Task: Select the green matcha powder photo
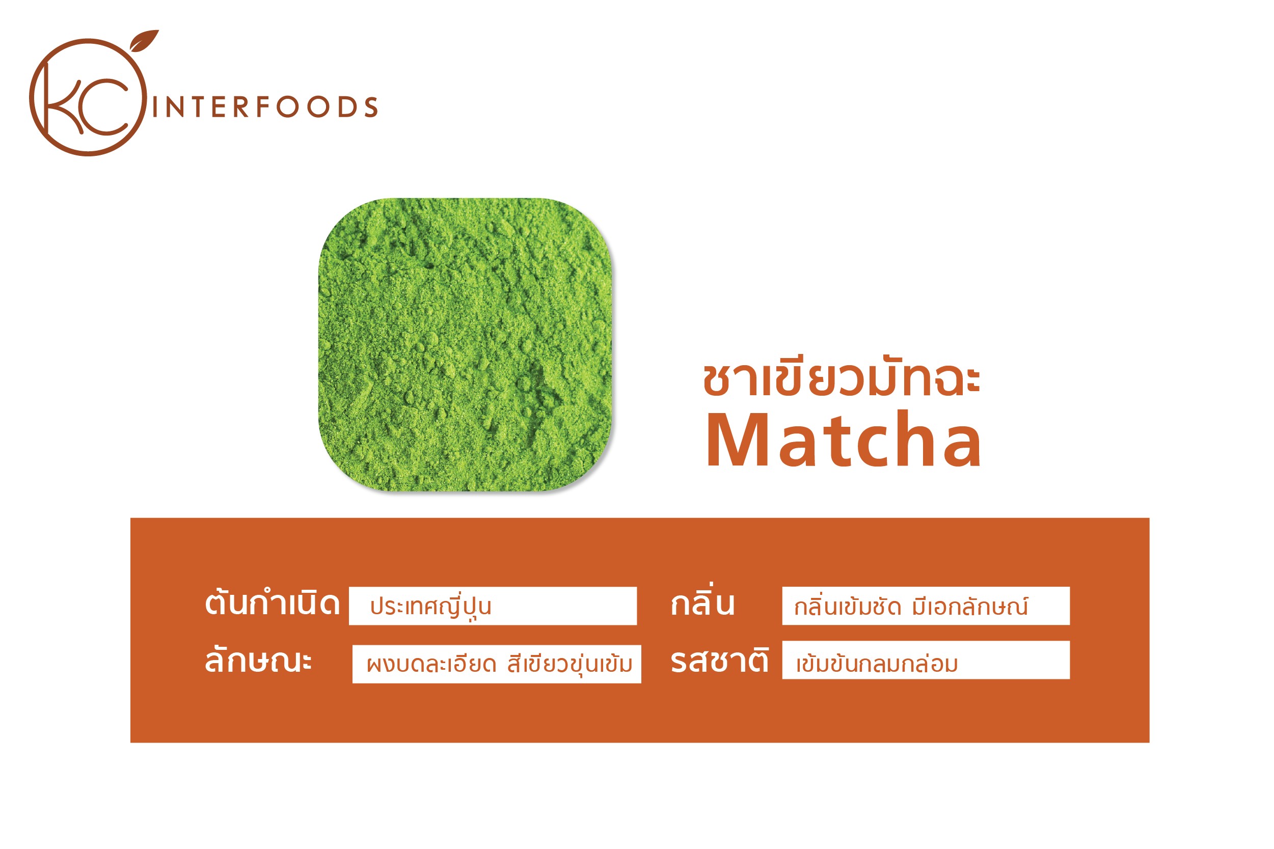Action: click(x=465, y=344)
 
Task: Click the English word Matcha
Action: click(x=844, y=440)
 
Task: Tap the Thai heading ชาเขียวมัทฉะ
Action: click(x=842, y=376)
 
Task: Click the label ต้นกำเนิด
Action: click(x=272, y=602)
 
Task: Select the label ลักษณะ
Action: click(x=258, y=659)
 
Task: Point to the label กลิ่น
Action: click(x=702, y=600)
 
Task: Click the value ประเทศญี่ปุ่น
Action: click(x=430, y=607)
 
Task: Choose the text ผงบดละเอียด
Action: click(x=431, y=664)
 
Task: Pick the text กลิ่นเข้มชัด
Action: click(x=847, y=606)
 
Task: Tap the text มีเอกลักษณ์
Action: click(x=970, y=606)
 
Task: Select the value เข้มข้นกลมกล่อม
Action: click(x=877, y=663)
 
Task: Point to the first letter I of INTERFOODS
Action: click(x=155, y=107)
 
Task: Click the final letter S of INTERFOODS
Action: click(x=371, y=107)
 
